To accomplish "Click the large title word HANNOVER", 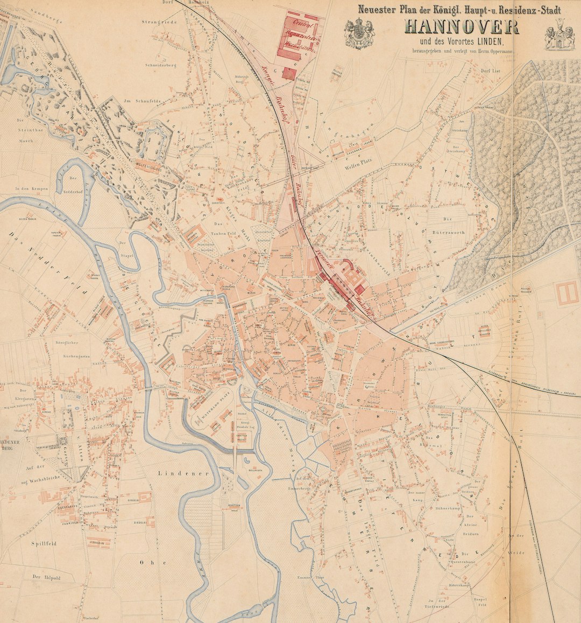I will pyautogui.click(x=462, y=27).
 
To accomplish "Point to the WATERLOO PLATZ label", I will pyautogui.click(x=205, y=415).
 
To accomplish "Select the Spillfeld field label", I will pyautogui.click(x=44, y=544).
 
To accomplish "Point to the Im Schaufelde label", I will pyautogui.click(x=135, y=101).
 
